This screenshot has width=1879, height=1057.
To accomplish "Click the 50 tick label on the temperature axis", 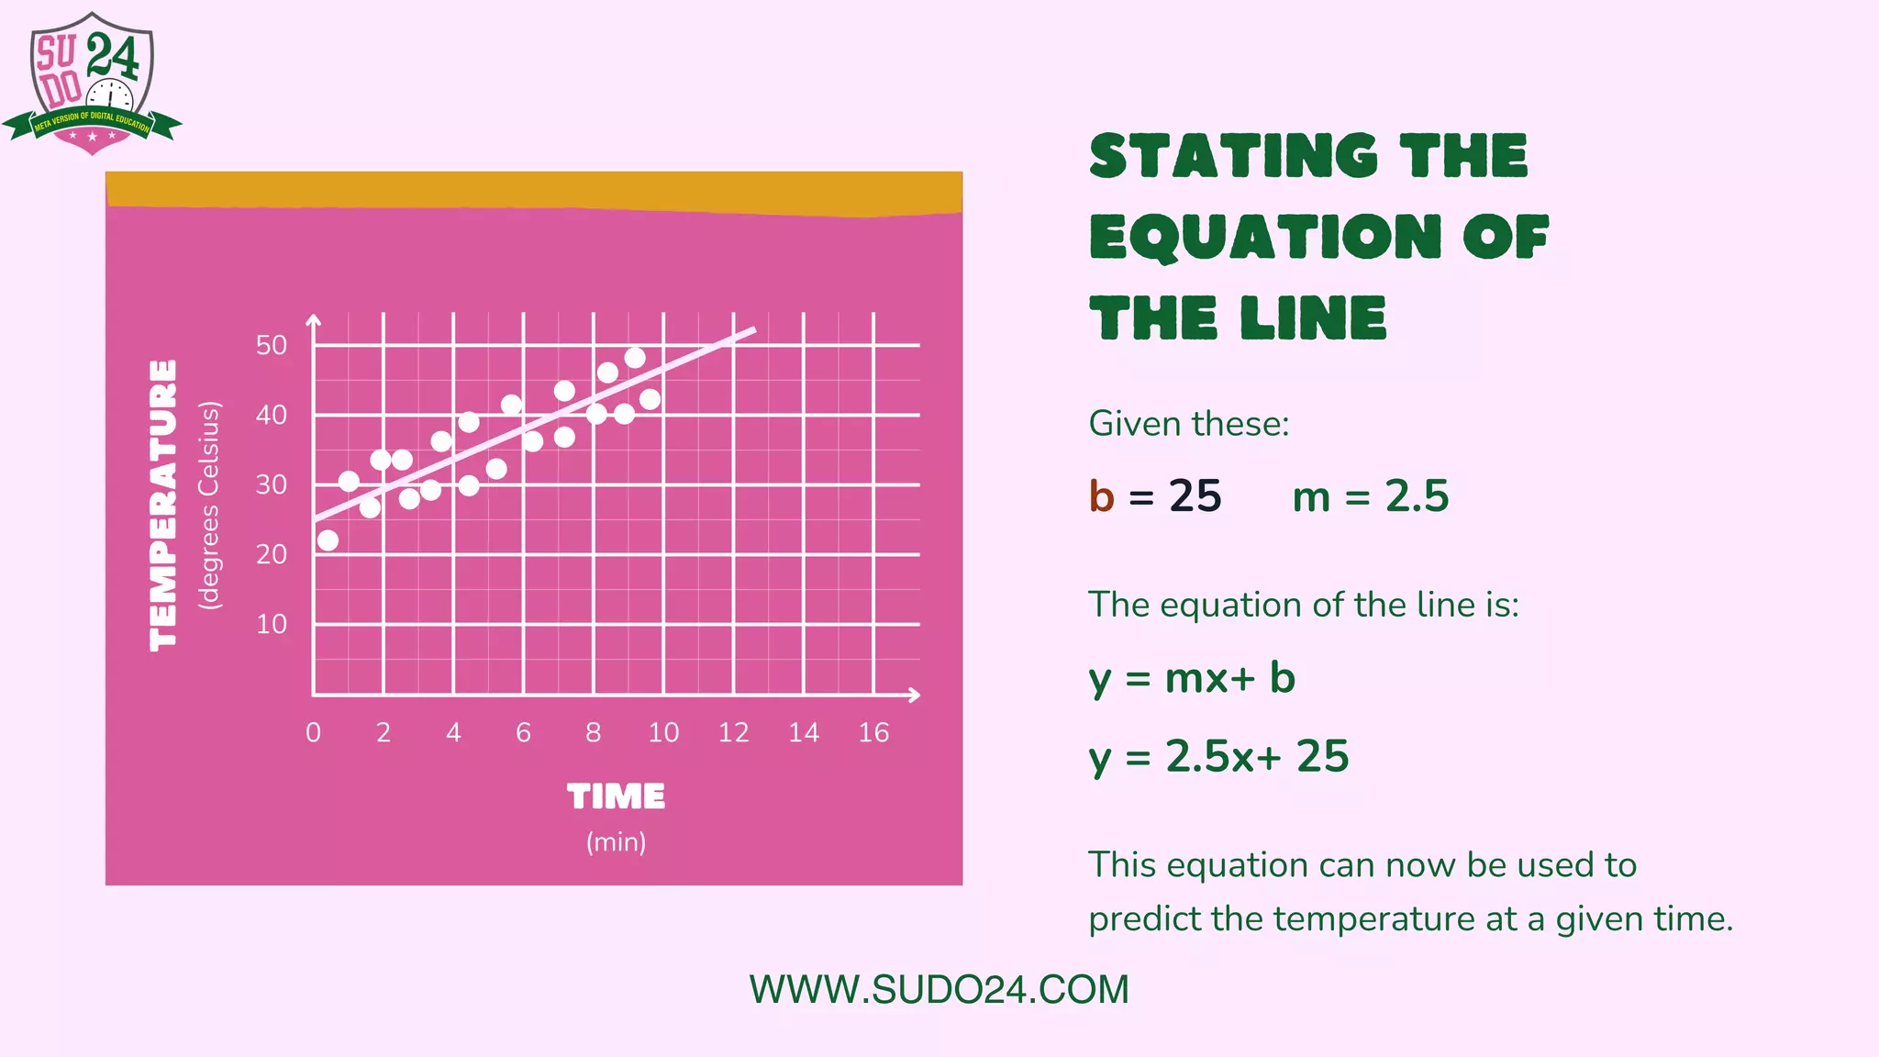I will click(x=272, y=346).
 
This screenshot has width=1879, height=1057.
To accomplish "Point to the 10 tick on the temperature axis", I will click(x=272, y=625).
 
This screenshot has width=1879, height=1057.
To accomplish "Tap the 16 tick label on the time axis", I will click(x=873, y=732).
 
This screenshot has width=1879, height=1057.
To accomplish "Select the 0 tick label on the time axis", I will click(x=314, y=732).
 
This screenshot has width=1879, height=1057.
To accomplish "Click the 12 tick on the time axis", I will click(x=734, y=732).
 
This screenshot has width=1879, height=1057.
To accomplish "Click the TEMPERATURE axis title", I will click(x=163, y=505).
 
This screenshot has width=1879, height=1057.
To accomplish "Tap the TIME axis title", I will click(x=616, y=796).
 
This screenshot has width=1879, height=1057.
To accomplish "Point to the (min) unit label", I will click(x=616, y=841).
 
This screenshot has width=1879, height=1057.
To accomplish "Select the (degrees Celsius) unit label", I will click(x=210, y=505).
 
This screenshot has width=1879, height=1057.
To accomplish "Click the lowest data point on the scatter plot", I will click(x=328, y=540).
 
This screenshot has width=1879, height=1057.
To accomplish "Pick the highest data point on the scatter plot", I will click(x=635, y=358).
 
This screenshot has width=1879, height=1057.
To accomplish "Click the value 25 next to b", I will click(x=1195, y=496).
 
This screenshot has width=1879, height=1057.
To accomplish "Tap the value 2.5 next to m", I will click(x=1417, y=496).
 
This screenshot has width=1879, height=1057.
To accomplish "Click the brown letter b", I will click(x=1101, y=496).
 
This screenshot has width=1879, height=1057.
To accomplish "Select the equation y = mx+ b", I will click(x=1192, y=679).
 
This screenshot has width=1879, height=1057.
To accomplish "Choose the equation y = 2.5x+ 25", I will click(x=1218, y=757).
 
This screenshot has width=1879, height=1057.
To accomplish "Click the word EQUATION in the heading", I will click(x=1264, y=237).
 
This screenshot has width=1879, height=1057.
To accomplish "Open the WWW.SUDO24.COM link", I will click(x=939, y=990).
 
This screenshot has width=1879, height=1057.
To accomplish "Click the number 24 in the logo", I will click(x=113, y=56).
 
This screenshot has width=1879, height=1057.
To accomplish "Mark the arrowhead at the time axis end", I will click(x=914, y=695).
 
